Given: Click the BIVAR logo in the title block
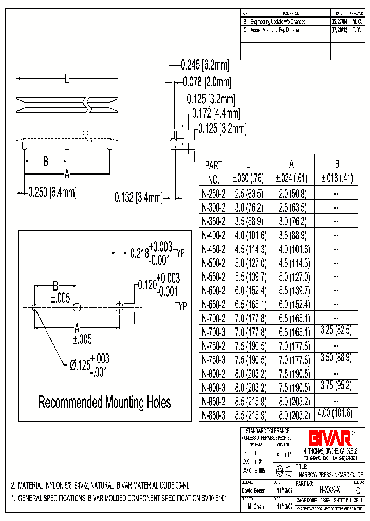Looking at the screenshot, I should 330,438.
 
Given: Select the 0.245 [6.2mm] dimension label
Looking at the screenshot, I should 205,65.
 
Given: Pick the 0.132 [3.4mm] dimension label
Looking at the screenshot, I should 138,197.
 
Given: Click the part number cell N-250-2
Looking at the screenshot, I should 213,194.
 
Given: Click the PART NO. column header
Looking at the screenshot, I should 213,172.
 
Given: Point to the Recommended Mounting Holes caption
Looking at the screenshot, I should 105,402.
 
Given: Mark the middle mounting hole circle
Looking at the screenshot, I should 77,308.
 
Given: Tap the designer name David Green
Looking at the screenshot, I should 253,491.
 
